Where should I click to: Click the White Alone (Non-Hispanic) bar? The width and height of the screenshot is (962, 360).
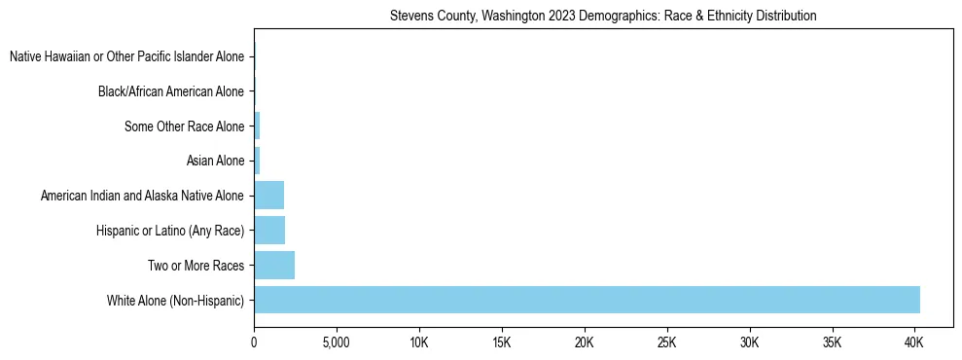(x=587, y=300)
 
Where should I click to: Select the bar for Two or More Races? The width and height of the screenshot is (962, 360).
(x=273, y=265)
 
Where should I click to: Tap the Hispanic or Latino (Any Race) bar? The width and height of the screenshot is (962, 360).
(x=268, y=230)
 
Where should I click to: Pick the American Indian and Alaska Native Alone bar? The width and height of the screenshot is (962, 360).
(x=268, y=196)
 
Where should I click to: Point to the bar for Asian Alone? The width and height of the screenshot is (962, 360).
(x=257, y=161)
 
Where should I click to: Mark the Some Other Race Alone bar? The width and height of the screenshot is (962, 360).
(x=257, y=126)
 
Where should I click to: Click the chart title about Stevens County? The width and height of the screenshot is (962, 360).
(x=603, y=17)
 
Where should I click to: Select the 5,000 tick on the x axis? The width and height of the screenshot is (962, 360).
(x=336, y=342)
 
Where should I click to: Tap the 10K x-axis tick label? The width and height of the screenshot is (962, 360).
(x=419, y=342)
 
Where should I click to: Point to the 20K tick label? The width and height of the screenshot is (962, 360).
(x=584, y=342)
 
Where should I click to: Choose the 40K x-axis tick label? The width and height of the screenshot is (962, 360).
(x=914, y=342)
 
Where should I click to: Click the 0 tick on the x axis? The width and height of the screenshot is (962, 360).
(x=254, y=342)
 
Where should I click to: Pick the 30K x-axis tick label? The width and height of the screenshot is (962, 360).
(x=749, y=342)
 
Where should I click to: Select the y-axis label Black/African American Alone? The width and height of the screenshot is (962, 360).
(x=170, y=91)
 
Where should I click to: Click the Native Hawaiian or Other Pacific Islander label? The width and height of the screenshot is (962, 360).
(x=126, y=57)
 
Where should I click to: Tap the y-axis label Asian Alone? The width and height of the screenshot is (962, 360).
(x=215, y=161)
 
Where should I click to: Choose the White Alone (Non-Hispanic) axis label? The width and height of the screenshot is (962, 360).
(x=175, y=300)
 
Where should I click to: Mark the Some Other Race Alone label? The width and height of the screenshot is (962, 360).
(x=184, y=126)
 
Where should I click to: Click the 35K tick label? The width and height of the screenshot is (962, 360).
(x=832, y=342)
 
